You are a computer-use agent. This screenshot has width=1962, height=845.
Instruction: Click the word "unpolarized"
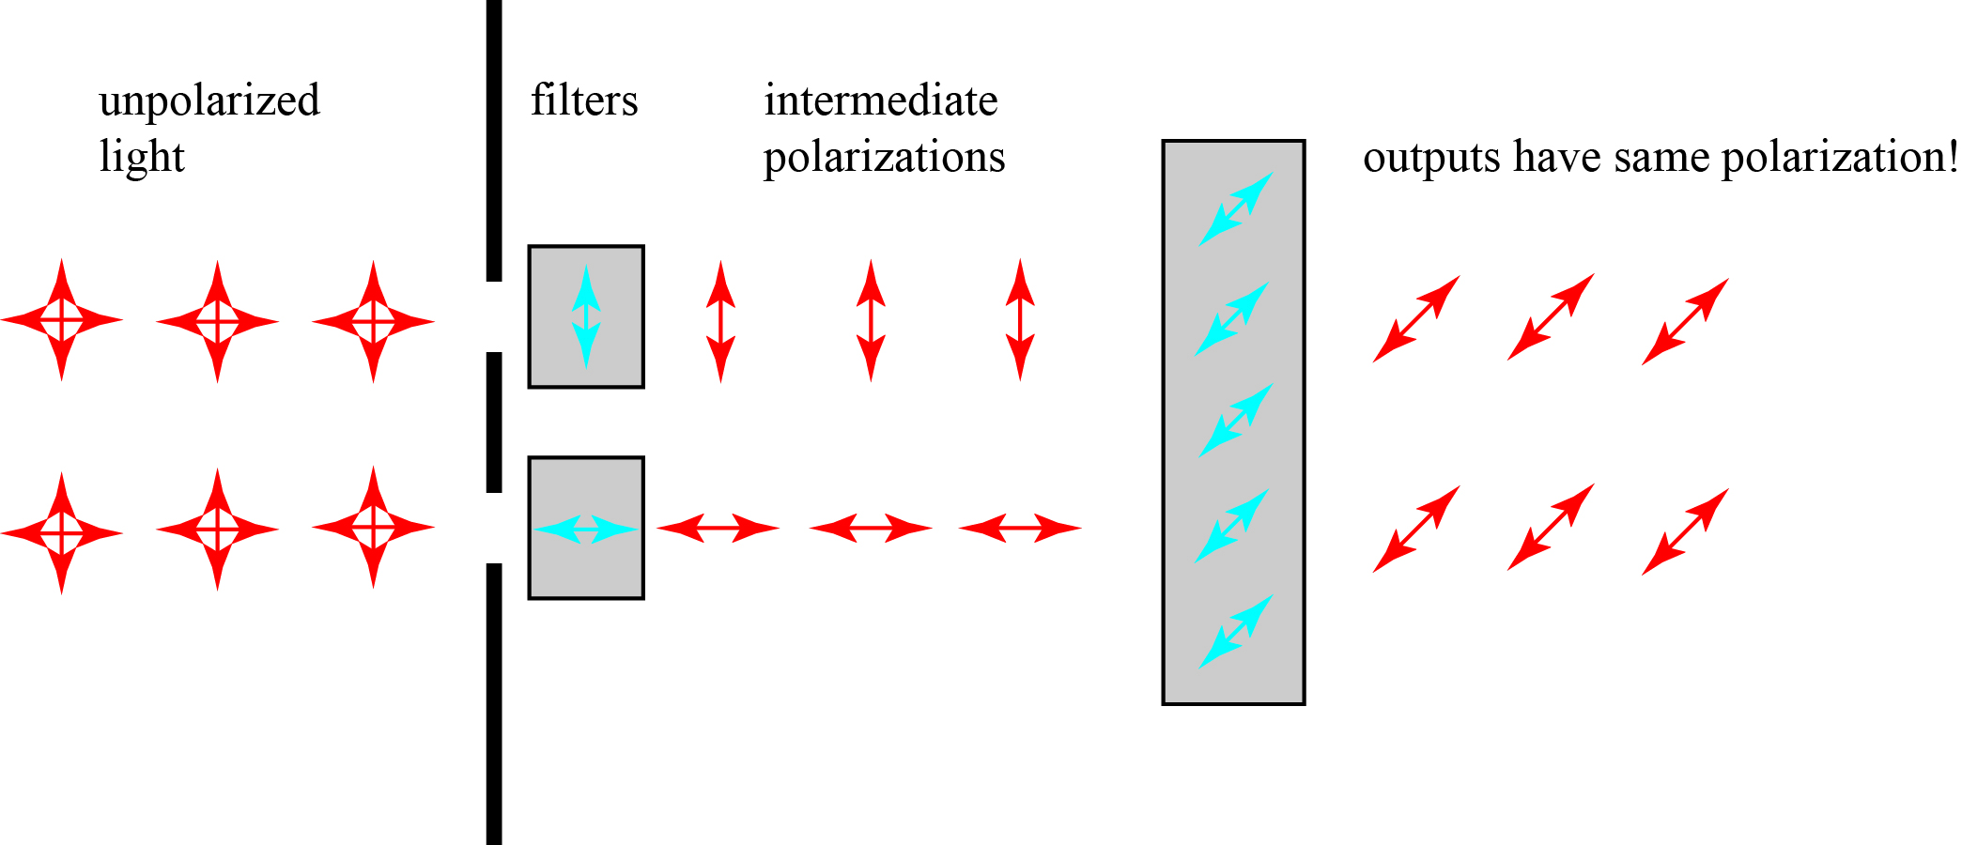pos(209,101)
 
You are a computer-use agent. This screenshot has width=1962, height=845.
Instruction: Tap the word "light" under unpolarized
pos(142,157)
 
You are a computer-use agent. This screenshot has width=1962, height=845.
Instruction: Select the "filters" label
pos(584,100)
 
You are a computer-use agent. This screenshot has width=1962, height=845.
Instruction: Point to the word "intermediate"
pos(880,100)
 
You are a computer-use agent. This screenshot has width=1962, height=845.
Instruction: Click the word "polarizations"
pos(884,157)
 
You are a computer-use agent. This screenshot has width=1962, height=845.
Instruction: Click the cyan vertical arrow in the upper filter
pos(586,316)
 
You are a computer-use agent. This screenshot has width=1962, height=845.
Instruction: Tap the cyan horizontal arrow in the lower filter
pos(586,529)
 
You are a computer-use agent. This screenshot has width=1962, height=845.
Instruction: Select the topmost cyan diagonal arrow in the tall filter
pos(1236,208)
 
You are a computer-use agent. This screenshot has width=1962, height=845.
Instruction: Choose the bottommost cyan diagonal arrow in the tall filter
pos(1236,632)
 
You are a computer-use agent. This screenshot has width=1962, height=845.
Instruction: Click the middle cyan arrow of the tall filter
pos(1236,420)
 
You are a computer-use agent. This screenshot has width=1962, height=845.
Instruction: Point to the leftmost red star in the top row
pos(62,320)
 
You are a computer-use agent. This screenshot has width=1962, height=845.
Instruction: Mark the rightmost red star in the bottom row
pos(373,528)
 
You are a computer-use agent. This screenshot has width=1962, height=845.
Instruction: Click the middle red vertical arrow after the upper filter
pos(871,320)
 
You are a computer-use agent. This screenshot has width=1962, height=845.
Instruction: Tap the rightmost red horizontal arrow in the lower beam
pos(1020,528)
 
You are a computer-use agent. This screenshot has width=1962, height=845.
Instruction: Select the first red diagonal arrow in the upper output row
pos(1416,318)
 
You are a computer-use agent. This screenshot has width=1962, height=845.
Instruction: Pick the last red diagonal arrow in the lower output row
pos(1685,531)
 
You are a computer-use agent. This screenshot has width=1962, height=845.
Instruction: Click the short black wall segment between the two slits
pos(494,422)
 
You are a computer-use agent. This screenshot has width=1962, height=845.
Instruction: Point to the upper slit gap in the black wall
pos(494,316)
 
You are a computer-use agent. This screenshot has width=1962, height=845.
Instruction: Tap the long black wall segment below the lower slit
pos(494,703)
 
